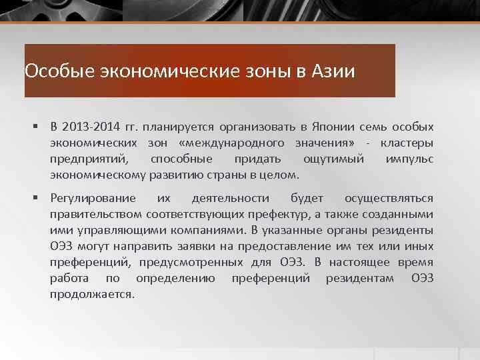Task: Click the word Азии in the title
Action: click(333, 71)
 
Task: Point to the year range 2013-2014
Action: click(91, 127)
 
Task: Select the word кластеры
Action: click(407, 143)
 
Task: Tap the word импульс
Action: click(409, 159)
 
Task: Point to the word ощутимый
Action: click(333, 159)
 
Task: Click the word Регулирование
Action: click(93, 198)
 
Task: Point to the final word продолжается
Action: click(92, 294)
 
